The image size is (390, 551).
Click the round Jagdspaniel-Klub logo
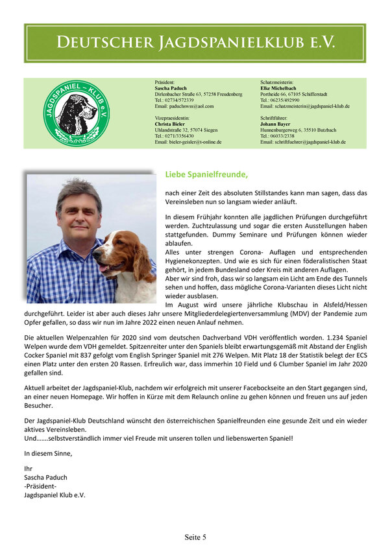tap(70, 113)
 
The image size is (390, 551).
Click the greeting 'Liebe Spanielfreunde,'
tap(206, 174)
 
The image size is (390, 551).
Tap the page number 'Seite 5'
tap(195, 537)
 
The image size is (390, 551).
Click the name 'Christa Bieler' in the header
tap(170, 124)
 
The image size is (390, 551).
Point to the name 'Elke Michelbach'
tap(279, 88)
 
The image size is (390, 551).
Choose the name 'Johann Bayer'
tap(276, 124)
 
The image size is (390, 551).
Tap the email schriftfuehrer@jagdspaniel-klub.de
tap(303, 141)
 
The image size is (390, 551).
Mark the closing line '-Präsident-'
tap(40, 486)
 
